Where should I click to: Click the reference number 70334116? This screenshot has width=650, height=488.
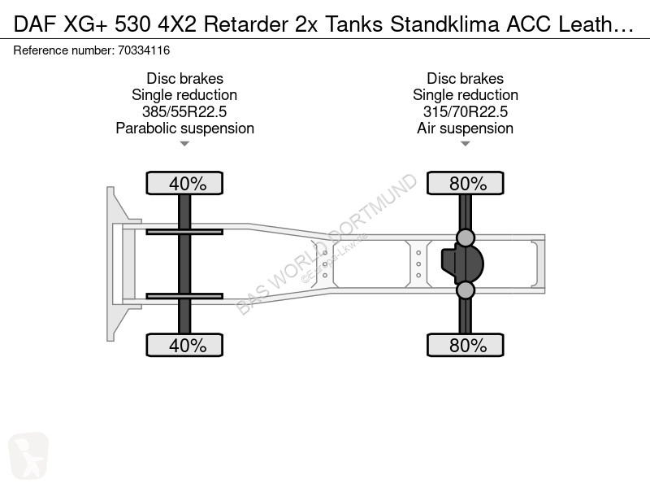point(144,50)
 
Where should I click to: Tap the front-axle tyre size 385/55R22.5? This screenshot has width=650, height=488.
point(184,111)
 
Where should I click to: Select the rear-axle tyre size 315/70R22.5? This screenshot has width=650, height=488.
point(465,111)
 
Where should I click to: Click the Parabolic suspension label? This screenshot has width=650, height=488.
point(185,129)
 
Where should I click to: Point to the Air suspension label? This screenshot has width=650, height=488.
point(465,129)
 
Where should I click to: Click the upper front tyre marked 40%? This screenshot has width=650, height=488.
point(184,183)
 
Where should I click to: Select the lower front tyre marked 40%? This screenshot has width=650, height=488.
point(184,345)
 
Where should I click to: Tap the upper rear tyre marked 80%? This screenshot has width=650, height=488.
point(465,183)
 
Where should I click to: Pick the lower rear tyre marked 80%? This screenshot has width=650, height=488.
point(465,345)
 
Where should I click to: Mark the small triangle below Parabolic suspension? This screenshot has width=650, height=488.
point(184,144)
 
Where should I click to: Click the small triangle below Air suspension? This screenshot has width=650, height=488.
point(465,144)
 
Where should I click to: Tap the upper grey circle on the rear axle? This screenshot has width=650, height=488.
point(465,237)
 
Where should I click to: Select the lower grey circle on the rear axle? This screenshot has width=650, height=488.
point(465,290)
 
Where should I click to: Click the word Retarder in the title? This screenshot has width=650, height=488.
point(246,24)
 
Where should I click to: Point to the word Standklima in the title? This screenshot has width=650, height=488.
point(444,24)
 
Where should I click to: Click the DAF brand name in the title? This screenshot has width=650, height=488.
point(35,24)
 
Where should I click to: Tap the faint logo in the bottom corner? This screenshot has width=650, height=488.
point(28,455)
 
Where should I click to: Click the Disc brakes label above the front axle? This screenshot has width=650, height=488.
point(185,78)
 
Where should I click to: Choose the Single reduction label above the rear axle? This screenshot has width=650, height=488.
point(465,95)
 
